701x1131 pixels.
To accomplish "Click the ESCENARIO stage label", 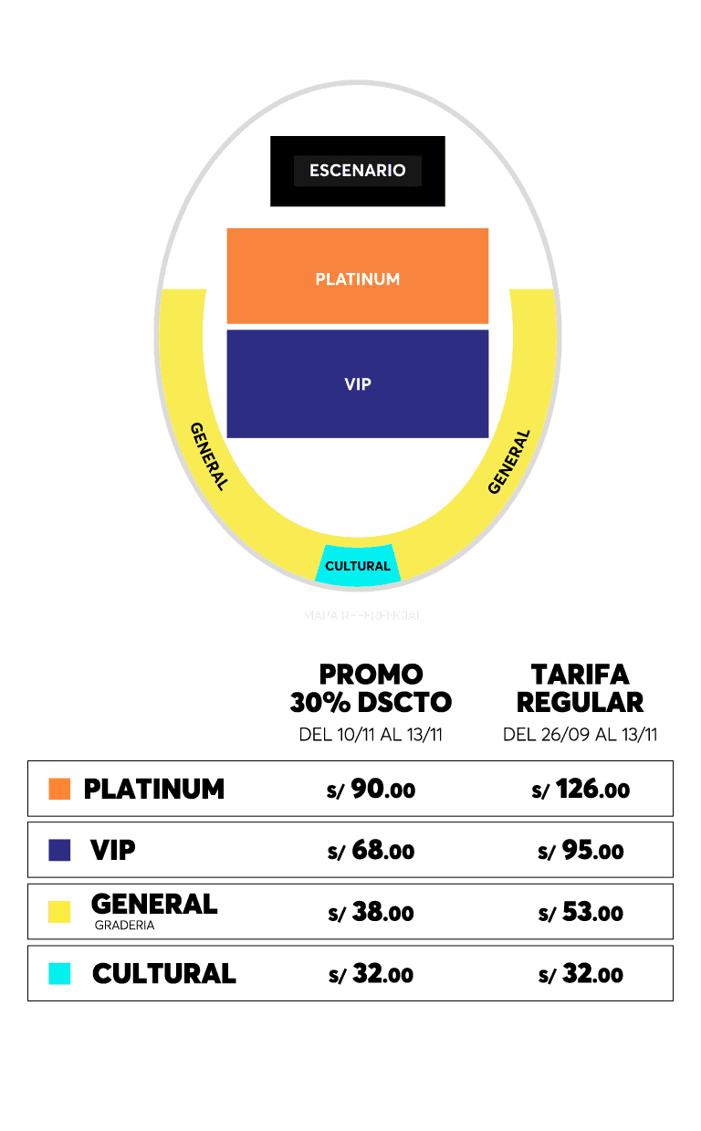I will pos(357,171).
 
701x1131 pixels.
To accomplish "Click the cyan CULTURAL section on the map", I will pos(358,566).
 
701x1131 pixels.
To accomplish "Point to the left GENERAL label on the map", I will pos(208,456).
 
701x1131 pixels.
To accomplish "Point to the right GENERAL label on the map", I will pos(508,462).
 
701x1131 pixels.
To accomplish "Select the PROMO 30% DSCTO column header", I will pos(371,688).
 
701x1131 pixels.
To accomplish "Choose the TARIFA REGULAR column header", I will pos(580,688).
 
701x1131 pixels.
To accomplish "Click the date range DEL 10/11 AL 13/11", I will pos(371,735).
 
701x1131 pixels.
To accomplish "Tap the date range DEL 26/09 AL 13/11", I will pos(580,735).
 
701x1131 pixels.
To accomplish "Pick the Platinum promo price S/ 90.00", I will pos(371,790).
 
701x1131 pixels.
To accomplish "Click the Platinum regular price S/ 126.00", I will pos(581,790).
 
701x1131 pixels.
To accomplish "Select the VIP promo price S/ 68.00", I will pos(371,851).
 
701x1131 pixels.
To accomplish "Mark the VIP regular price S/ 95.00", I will pos(581,851).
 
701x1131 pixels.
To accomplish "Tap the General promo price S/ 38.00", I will pos(371,912).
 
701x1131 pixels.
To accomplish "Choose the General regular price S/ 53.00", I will pos(581,912).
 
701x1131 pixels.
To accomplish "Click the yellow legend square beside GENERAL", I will pos(59,912).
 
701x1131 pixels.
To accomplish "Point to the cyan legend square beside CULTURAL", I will pos(59,974).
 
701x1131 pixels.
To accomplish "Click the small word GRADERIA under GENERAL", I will pos(124,926).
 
